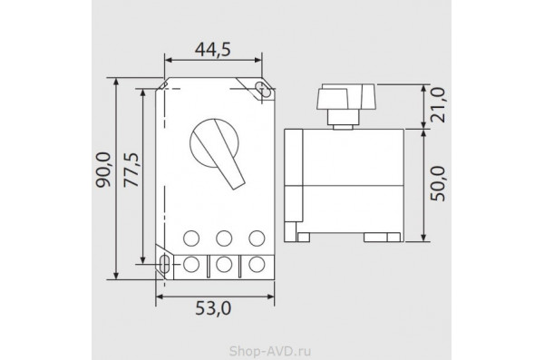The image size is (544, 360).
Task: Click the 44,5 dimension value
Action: click(213, 50)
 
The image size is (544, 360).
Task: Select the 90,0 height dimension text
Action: click(103, 170)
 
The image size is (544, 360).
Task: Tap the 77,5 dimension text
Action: click(131, 170)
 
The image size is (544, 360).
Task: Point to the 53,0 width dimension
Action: click(213, 308)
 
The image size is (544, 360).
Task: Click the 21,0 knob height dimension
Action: click(438, 105)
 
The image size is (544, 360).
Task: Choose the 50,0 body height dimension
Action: click(438, 184)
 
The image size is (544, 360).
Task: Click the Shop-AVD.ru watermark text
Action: click(270, 351)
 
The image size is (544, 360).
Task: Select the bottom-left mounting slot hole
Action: click(164, 264)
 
